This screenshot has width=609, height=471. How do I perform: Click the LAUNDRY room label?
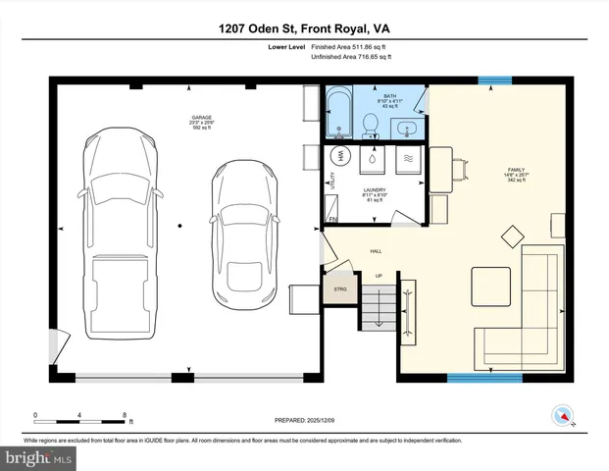374,191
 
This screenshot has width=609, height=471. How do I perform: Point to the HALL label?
376,251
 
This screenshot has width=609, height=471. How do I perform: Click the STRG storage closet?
341,289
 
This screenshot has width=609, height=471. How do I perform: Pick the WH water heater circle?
341,156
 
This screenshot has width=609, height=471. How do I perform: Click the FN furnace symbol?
333,219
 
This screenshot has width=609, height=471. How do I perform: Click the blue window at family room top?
494,80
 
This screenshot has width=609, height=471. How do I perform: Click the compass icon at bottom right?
562,415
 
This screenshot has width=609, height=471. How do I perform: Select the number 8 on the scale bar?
125,415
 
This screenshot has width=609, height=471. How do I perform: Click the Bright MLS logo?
39,457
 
